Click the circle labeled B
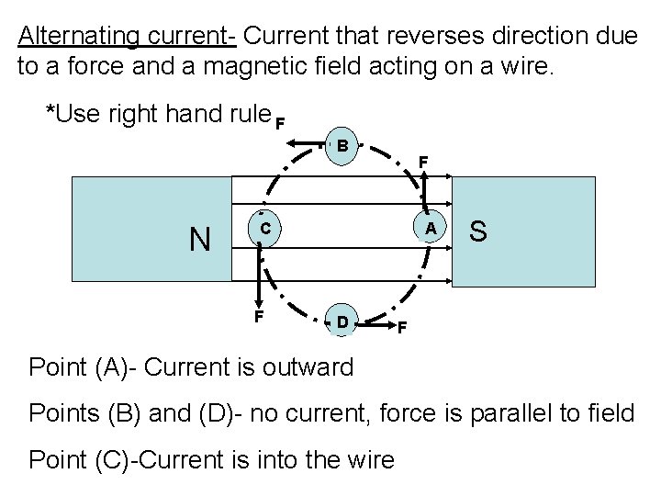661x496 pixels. pos(341,147)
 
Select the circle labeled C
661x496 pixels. pos(263,228)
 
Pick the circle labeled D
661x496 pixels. pos(341,321)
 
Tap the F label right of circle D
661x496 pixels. pos(401,328)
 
